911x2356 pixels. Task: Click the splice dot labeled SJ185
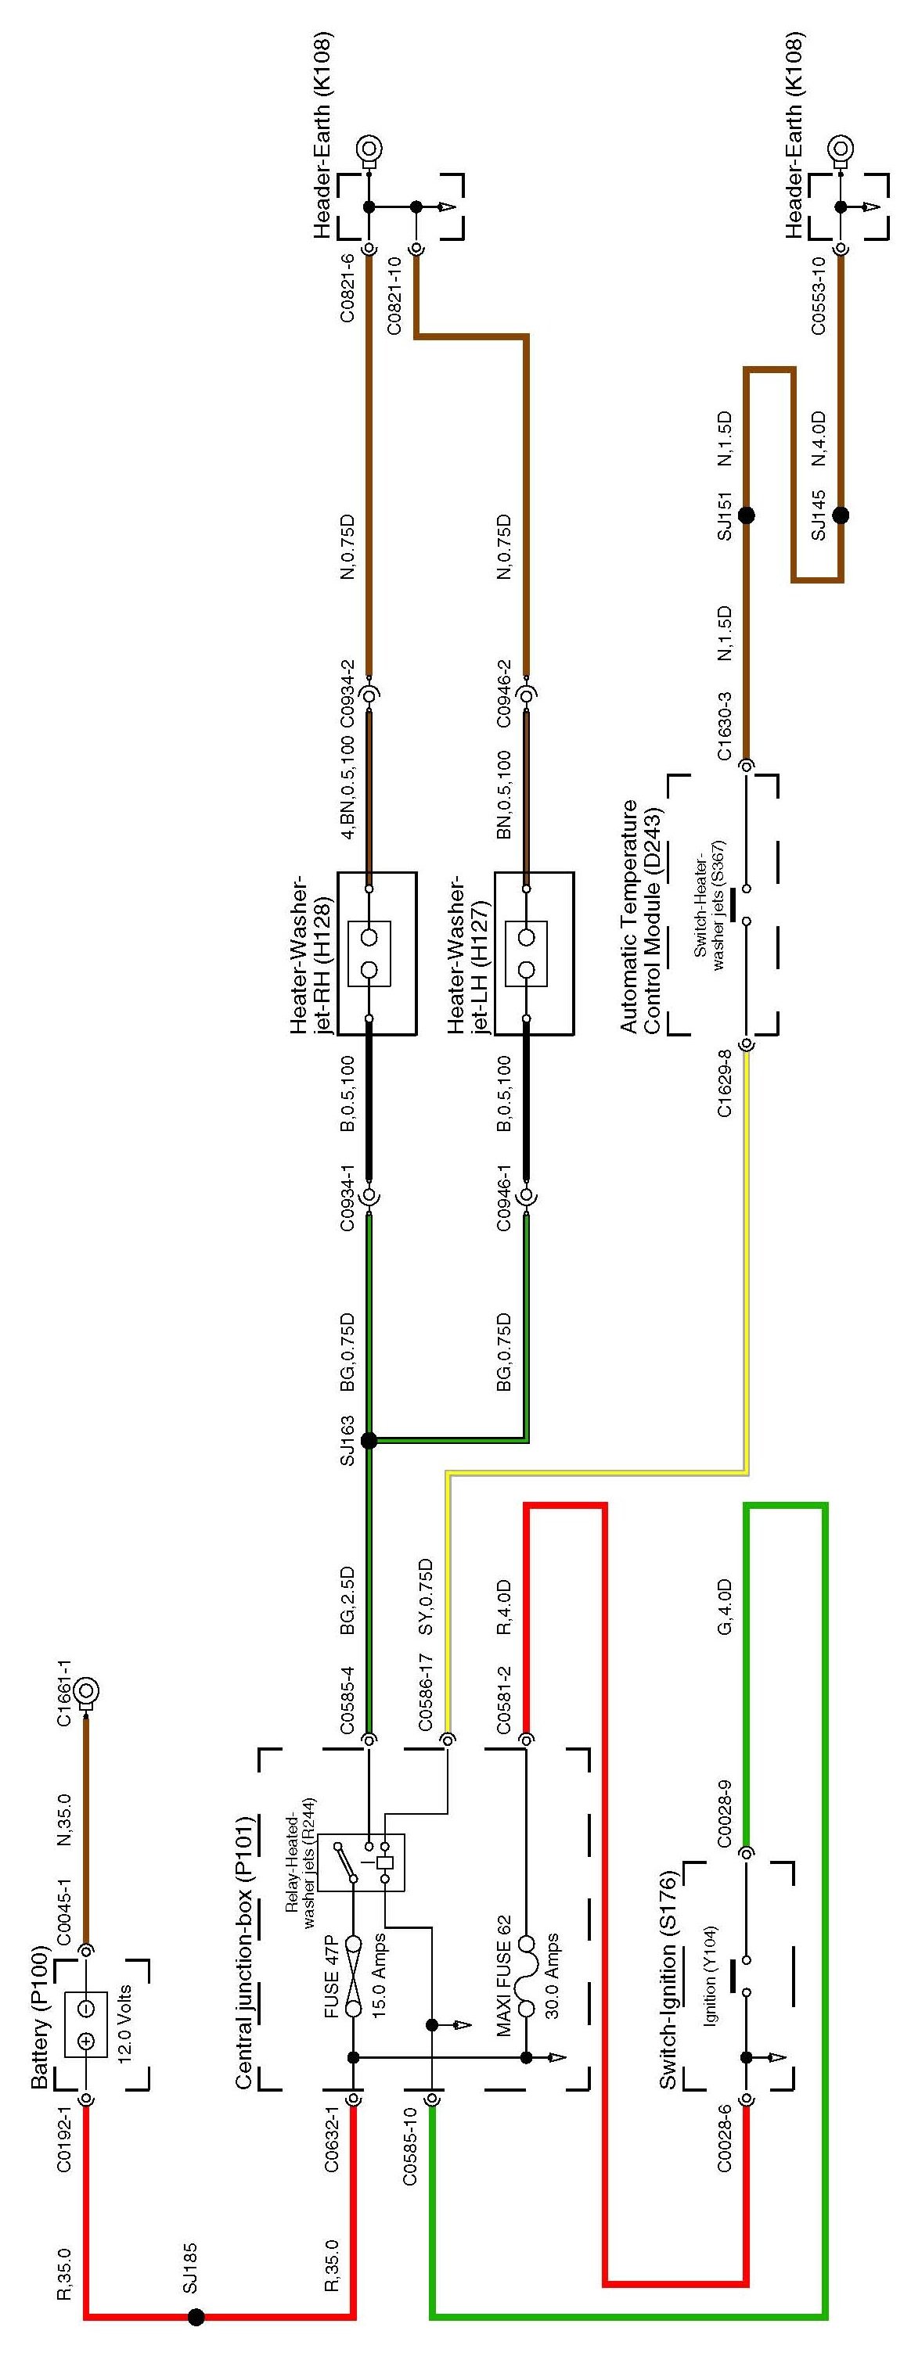pos(196,2317)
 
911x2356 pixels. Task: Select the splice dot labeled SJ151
pos(747,515)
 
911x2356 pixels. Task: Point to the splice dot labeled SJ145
pos(840,515)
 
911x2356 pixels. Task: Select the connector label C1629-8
pos(725,1085)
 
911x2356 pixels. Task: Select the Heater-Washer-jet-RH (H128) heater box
pos(376,953)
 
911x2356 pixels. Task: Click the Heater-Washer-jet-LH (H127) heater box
pos(535,953)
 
